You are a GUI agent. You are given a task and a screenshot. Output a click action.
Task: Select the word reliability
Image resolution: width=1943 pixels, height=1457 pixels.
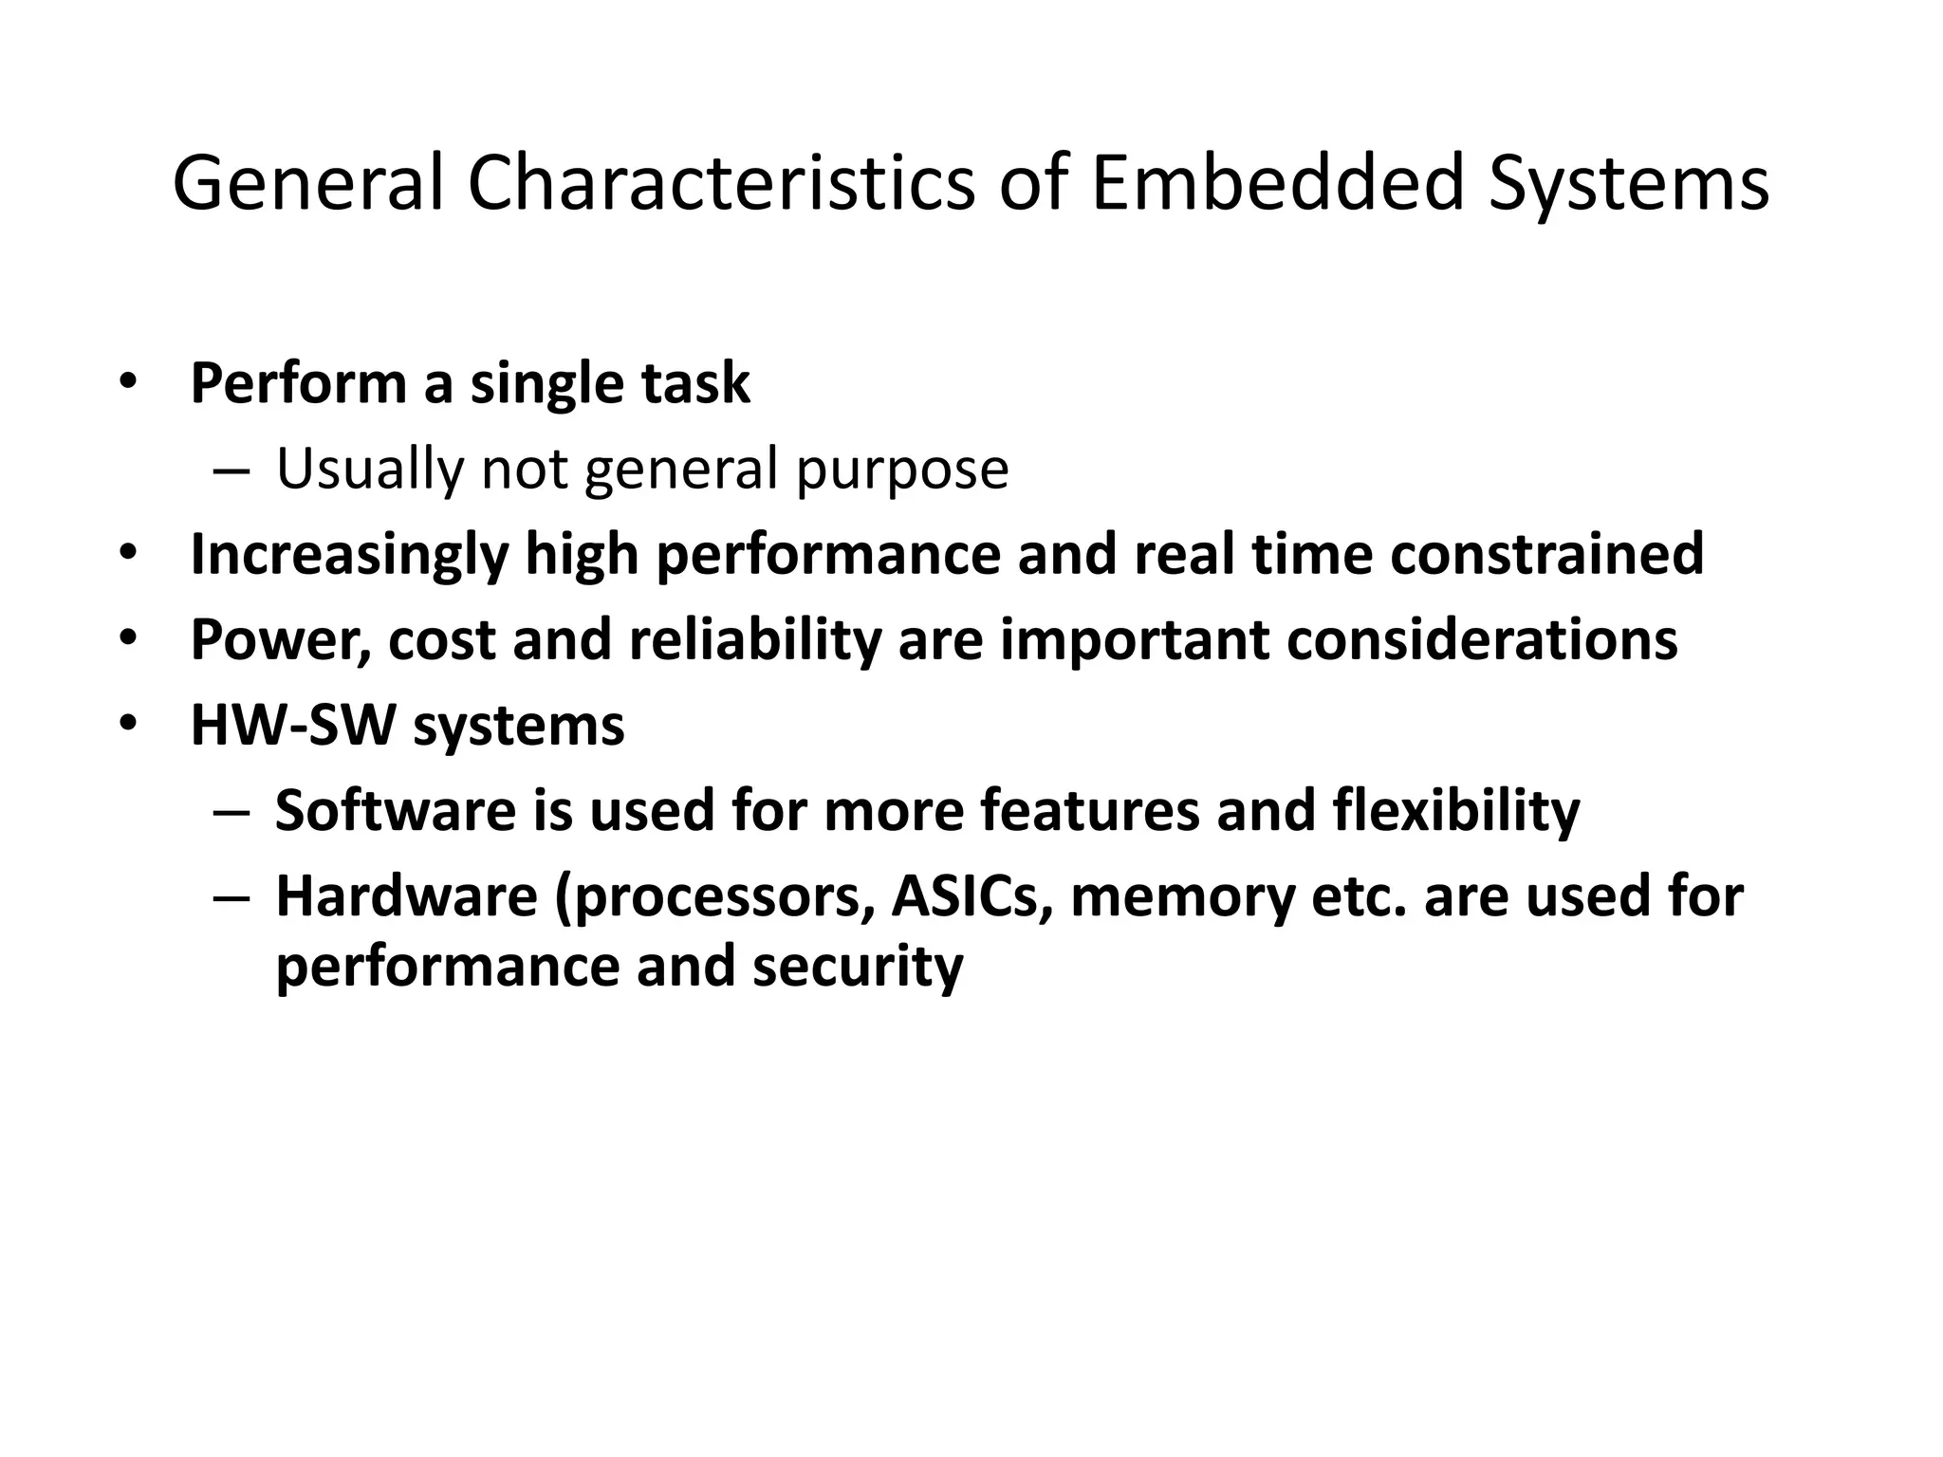pos(754,640)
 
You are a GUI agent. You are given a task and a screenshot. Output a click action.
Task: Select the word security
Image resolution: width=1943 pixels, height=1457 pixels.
pos(858,967)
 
